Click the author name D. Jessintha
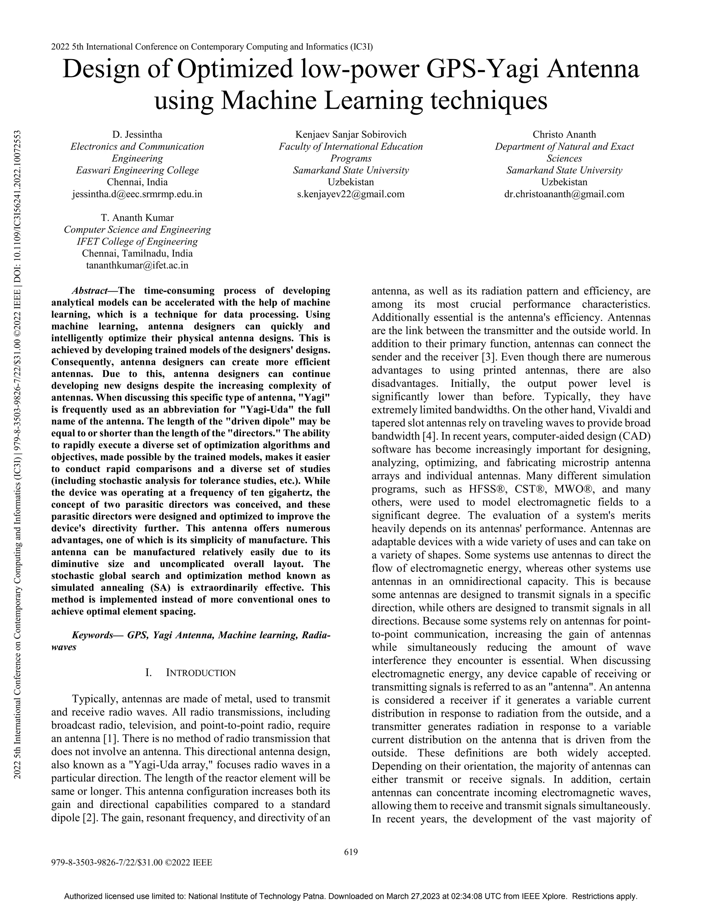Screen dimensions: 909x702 pyautogui.click(x=137, y=134)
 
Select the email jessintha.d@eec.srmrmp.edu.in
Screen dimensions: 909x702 pyautogui.click(x=137, y=194)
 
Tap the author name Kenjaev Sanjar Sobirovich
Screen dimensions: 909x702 pyautogui.click(x=351, y=134)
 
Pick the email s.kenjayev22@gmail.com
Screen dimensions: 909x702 pyautogui.click(x=351, y=194)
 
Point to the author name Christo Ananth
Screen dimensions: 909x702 pyautogui.click(x=564, y=134)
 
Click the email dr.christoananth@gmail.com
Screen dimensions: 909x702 pyautogui.click(x=564, y=194)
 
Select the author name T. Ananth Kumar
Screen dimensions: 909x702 pyautogui.click(x=137, y=218)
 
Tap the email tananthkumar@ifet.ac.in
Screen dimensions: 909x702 pyautogui.click(x=137, y=265)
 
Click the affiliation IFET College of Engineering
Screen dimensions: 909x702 pyautogui.click(x=137, y=241)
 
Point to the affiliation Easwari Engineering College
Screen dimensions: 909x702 pyautogui.click(x=137, y=170)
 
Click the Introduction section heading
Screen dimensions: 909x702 pyautogui.click(x=201, y=673)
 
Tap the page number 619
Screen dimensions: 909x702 pyautogui.click(x=351, y=852)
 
